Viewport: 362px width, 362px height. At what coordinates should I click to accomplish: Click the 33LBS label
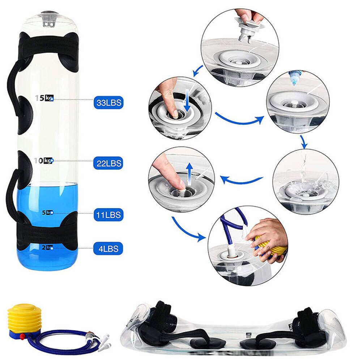tap(108, 103)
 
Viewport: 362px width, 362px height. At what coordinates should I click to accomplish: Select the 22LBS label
tap(108, 163)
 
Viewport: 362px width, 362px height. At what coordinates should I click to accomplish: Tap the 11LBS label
tap(108, 215)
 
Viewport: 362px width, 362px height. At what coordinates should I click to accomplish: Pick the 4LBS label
tap(108, 248)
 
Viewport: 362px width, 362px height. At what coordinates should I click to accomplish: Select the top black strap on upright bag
tap(49, 45)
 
